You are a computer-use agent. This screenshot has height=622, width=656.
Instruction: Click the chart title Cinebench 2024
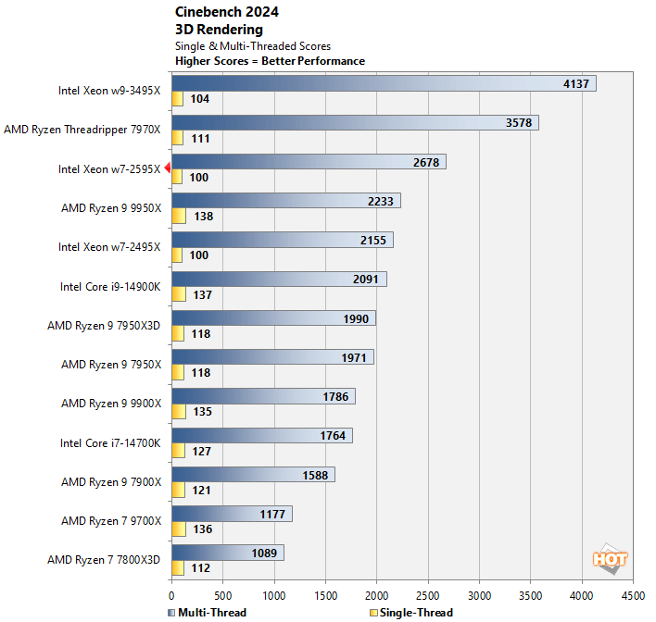(226, 12)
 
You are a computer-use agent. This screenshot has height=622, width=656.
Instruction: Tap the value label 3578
(518, 123)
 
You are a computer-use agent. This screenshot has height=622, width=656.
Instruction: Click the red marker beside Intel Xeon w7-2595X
(167, 168)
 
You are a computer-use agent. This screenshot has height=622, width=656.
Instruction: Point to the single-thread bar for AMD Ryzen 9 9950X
(178, 216)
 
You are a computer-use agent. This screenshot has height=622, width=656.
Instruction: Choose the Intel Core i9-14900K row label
(109, 286)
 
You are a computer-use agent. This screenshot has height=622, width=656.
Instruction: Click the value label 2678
(425, 162)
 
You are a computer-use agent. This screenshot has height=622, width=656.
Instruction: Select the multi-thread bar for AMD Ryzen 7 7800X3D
(227, 553)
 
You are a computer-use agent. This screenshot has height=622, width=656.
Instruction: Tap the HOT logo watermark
(610, 559)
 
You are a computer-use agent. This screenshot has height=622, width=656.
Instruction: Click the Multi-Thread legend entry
(208, 613)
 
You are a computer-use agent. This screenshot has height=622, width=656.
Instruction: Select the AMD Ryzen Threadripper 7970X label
(82, 131)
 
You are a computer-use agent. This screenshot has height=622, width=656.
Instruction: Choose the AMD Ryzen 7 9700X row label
(111, 521)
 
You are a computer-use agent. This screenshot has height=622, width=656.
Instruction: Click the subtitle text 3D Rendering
(219, 30)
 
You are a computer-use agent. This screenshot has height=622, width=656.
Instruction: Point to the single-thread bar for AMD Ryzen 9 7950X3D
(177, 333)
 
